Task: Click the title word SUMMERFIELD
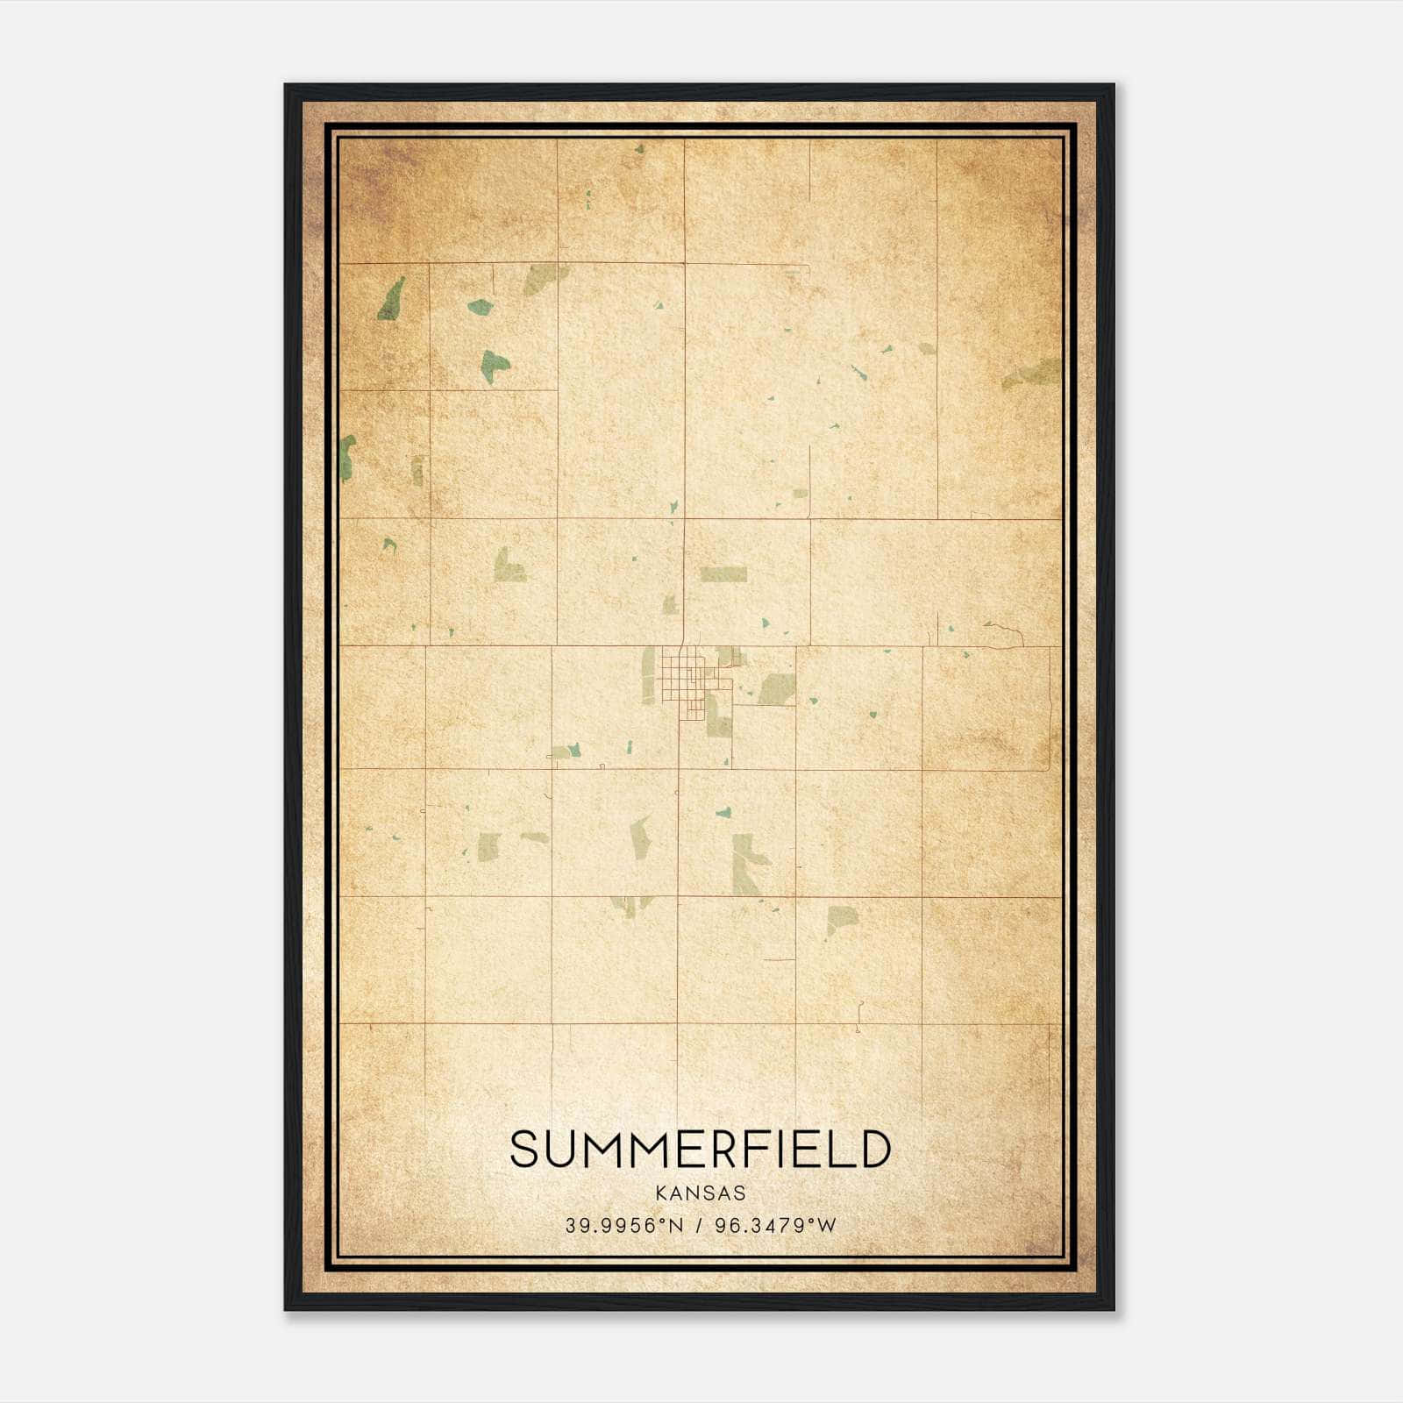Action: point(701,1150)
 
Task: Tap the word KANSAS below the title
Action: point(701,1193)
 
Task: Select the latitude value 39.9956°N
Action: point(623,1226)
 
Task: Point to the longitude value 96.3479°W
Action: point(775,1226)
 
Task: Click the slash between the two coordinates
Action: point(699,1226)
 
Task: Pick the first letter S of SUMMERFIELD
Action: point(523,1150)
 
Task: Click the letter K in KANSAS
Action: point(660,1193)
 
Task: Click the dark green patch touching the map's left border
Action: point(347,458)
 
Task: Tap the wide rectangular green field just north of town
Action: point(723,574)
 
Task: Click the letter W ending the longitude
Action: point(827,1226)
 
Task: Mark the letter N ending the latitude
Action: point(676,1226)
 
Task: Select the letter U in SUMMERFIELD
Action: point(560,1150)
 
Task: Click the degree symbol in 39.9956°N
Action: point(663,1221)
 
